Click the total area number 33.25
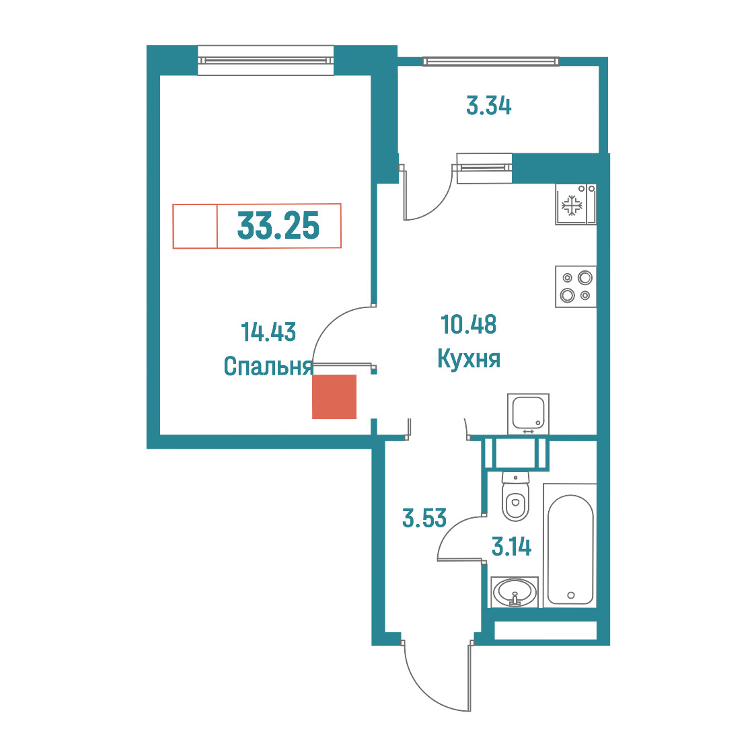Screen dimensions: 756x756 pos(278,226)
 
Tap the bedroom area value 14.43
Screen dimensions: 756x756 pos(268,332)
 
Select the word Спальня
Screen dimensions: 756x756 pos(268,366)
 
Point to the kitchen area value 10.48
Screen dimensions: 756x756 pos(469,324)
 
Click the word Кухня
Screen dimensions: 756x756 pos(469,358)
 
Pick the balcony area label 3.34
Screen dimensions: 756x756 pos(488,106)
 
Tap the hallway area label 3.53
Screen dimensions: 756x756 pos(424,519)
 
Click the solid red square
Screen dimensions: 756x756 pos(334,397)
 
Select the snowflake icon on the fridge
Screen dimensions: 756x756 pos(572,205)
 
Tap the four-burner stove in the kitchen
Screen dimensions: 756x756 pos(576,287)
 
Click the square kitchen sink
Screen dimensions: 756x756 pos(528,414)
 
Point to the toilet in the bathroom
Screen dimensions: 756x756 pos(515,496)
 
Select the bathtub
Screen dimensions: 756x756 pos(570,545)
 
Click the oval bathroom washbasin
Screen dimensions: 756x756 pos(515,592)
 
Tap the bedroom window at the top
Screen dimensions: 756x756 pos(266,61)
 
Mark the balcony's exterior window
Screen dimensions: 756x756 pos(491,61)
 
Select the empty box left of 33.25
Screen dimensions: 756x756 pos(195,226)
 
